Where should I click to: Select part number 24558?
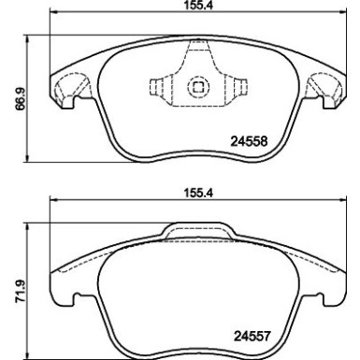[250, 143]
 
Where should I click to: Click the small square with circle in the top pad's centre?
[197, 88]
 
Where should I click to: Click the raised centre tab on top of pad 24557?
[197, 230]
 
